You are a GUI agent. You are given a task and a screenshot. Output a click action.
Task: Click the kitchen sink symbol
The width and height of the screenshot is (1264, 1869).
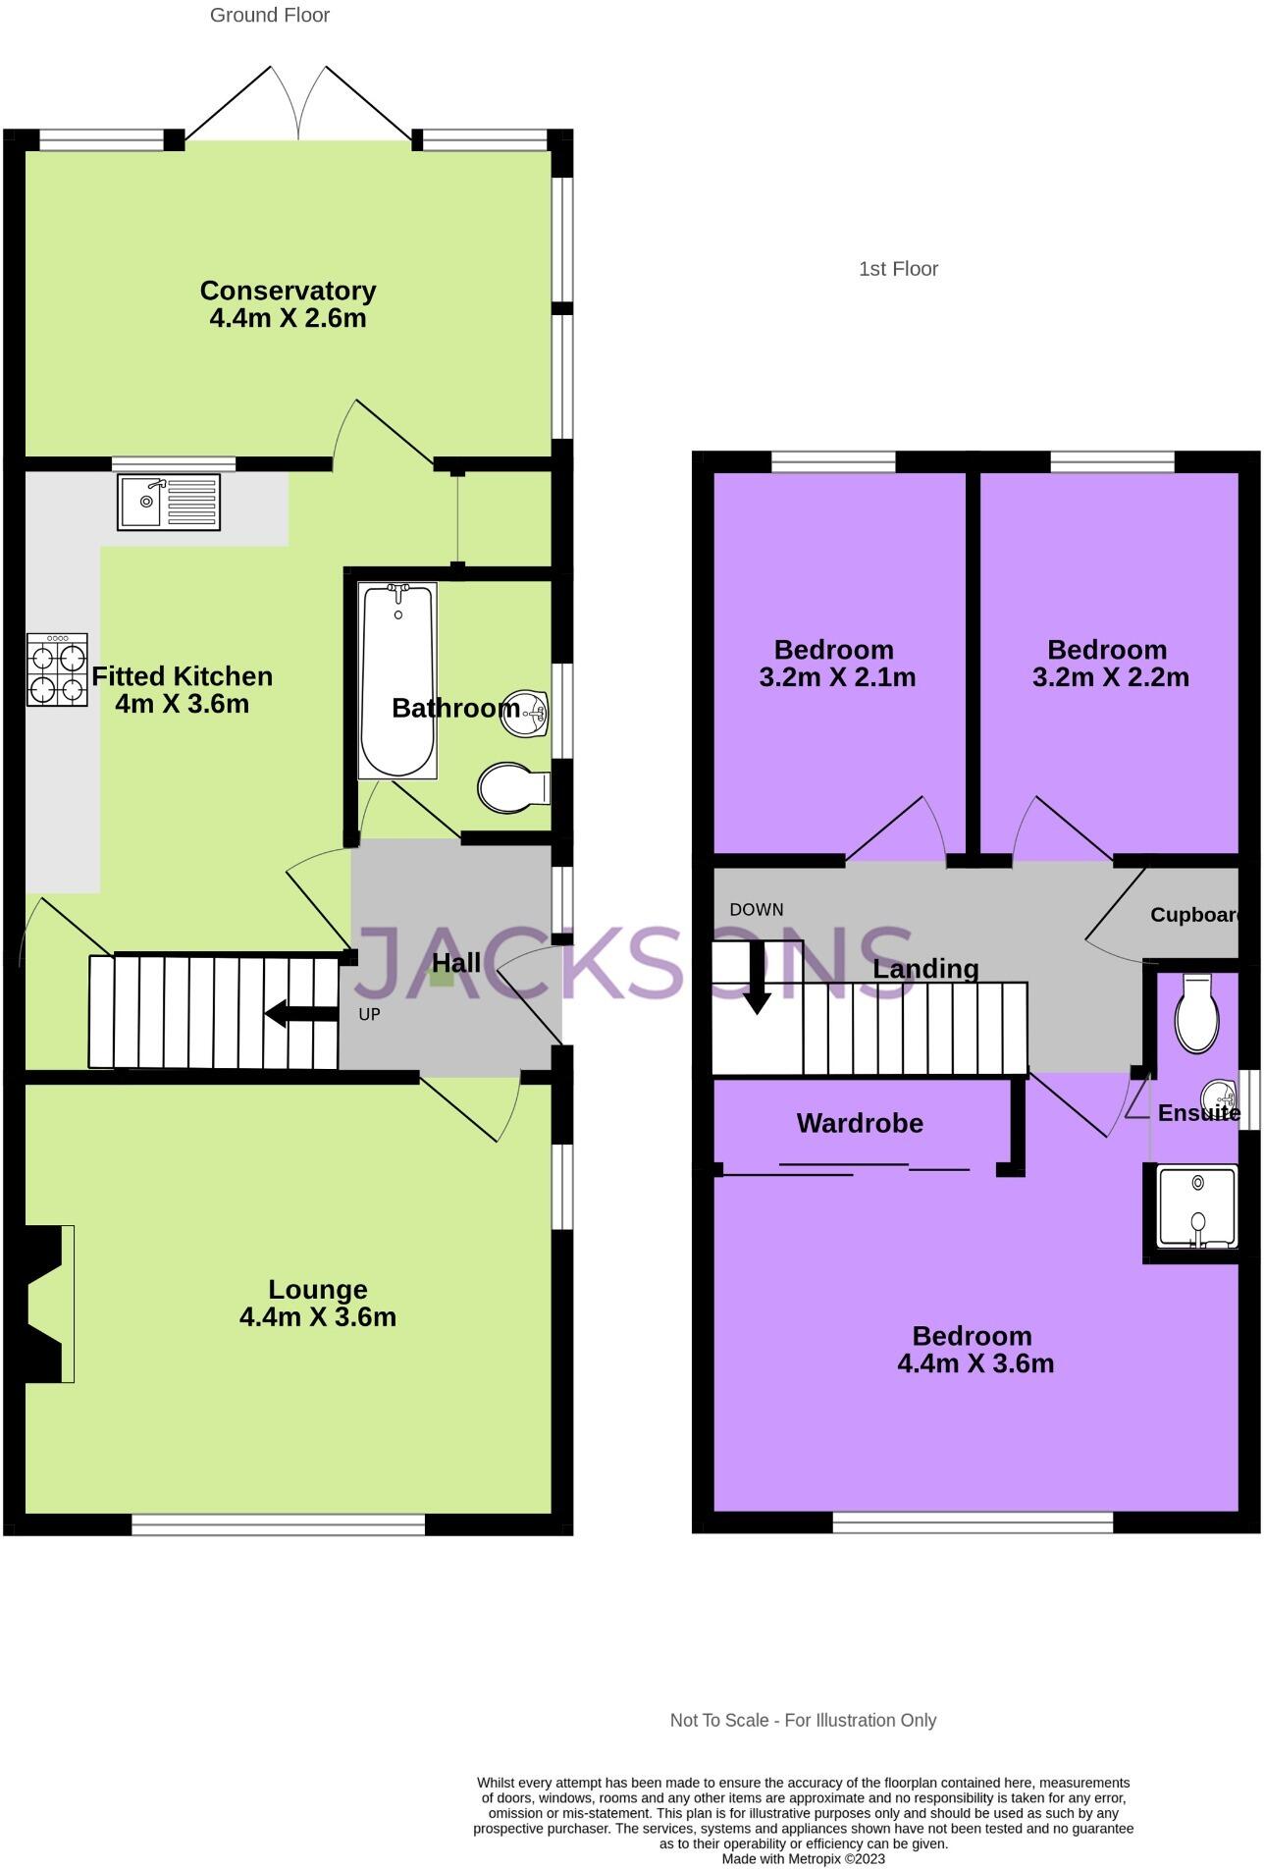tap(169, 502)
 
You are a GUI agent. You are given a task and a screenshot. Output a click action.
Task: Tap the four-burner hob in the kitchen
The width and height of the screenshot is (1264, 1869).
tap(57, 669)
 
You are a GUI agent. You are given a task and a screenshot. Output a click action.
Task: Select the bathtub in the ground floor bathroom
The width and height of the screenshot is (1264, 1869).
tap(397, 679)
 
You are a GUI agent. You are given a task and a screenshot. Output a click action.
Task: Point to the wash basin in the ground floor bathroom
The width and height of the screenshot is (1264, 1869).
tap(524, 711)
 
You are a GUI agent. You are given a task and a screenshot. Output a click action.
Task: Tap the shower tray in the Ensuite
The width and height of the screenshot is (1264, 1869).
tap(1196, 1207)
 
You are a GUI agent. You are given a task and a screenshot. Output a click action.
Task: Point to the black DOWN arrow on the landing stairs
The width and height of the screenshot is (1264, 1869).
tap(757, 977)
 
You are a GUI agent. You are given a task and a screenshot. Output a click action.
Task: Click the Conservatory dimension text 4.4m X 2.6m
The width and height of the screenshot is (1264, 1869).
tap(288, 318)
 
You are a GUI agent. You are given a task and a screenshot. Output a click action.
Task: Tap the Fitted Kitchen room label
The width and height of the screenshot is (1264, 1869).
tap(183, 676)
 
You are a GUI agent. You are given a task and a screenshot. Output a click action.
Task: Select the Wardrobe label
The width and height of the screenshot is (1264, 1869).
tap(860, 1123)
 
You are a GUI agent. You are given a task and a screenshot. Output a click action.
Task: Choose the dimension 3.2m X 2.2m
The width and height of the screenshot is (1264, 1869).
tap(1110, 677)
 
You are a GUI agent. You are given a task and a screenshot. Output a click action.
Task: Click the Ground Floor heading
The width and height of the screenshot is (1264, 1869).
tap(270, 15)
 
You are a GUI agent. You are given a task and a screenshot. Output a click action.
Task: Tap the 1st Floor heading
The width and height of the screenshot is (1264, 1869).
tap(898, 269)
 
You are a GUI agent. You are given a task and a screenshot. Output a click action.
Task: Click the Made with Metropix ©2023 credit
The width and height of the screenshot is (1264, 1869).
tap(803, 1858)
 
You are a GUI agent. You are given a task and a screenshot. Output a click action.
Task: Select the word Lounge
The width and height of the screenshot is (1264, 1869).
tap(318, 1289)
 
